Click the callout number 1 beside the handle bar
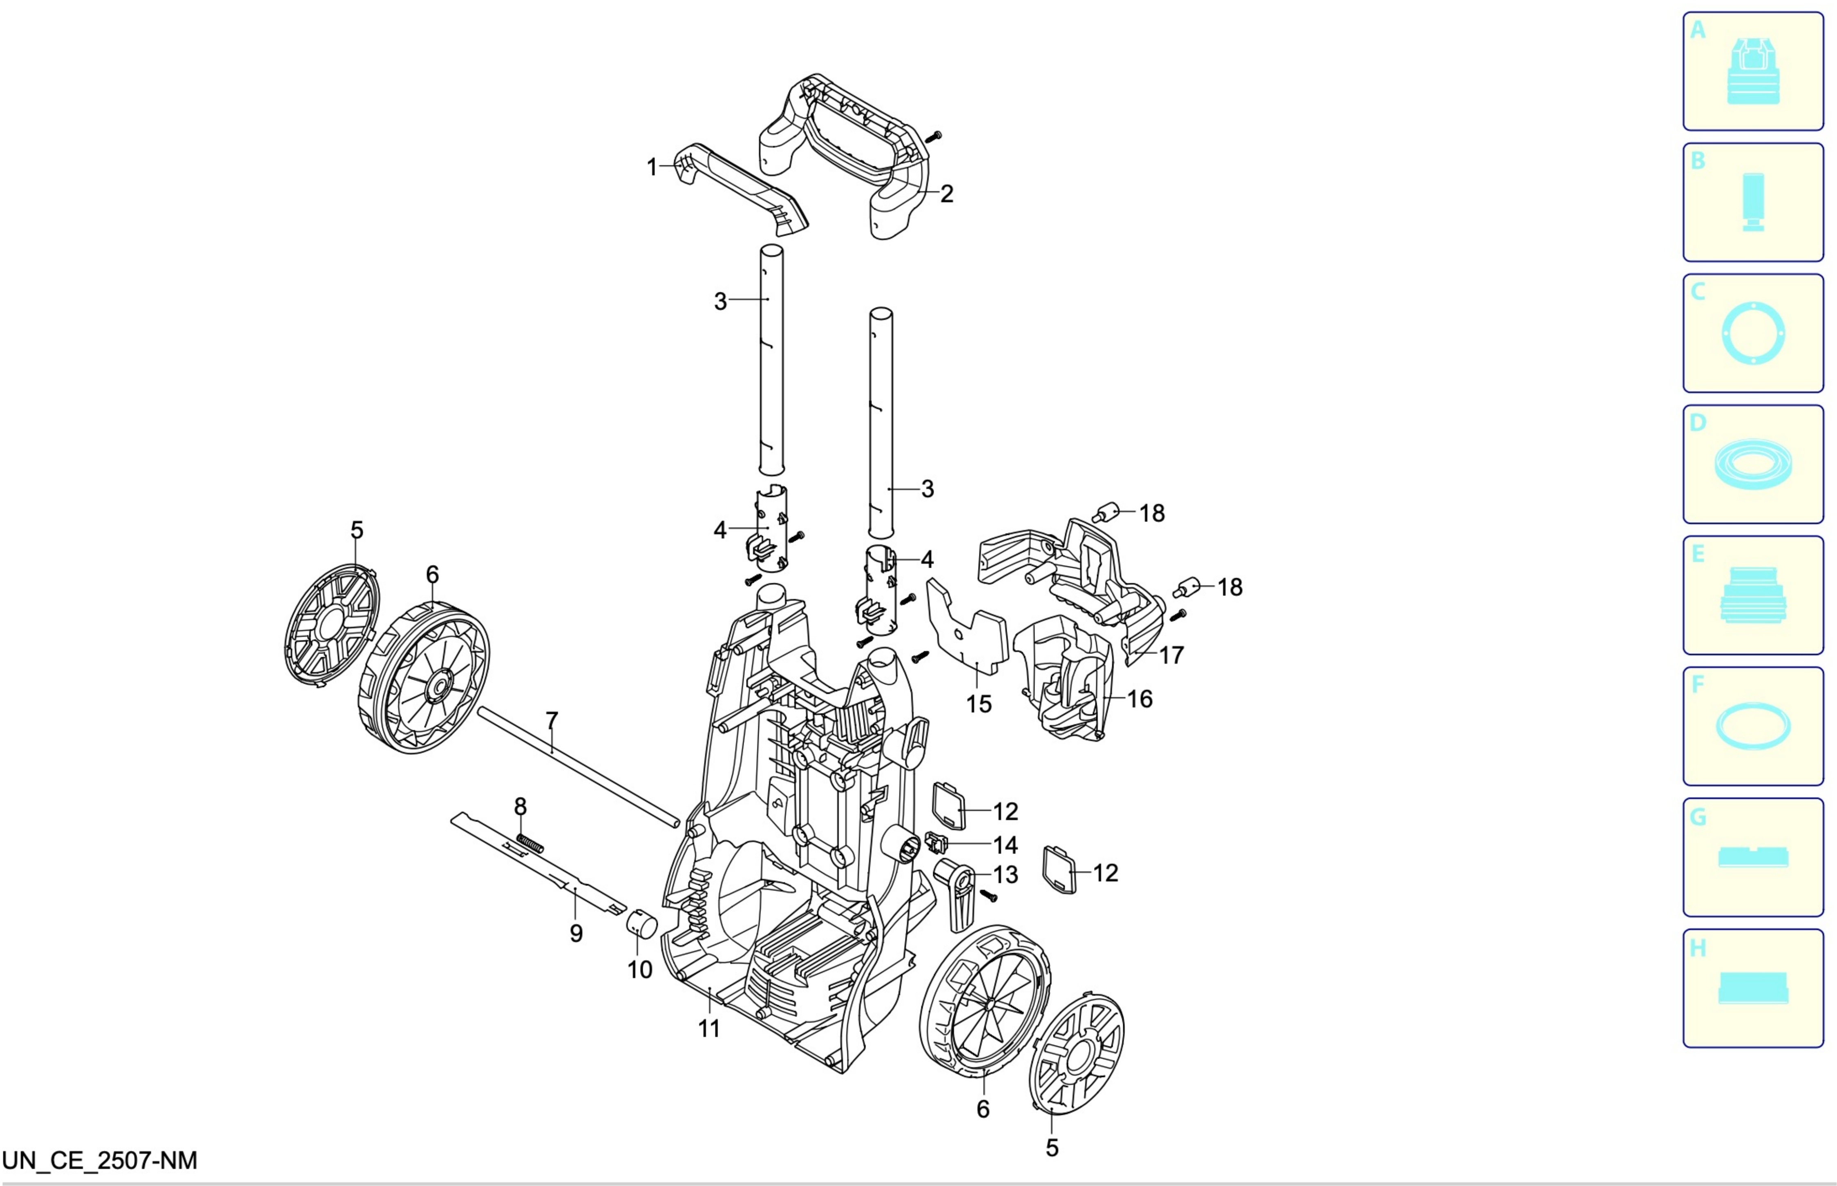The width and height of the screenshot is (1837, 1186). click(x=652, y=167)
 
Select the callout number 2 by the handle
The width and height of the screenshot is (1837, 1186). click(x=947, y=193)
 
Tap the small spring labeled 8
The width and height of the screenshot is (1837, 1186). click(x=530, y=843)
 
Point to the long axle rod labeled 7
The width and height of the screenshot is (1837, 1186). click(x=579, y=767)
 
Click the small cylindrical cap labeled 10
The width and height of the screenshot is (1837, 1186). click(x=640, y=923)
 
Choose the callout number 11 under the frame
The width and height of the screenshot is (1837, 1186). click(x=708, y=1029)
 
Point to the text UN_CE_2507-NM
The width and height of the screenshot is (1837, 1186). click(x=100, y=1161)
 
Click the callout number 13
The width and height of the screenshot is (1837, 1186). click(x=1005, y=875)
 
